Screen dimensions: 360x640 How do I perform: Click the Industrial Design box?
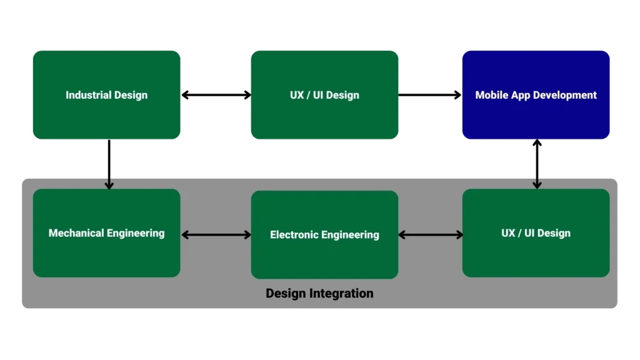tap(106, 95)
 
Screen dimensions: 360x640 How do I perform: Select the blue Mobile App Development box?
tap(536, 95)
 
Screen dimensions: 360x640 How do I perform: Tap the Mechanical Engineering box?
tap(106, 233)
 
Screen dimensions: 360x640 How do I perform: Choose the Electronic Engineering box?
tap(324, 235)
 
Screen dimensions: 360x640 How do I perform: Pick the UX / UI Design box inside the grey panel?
tap(536, 233)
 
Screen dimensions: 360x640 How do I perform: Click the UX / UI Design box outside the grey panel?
tap(324, 95)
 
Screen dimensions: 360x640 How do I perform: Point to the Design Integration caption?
tap(319, 293)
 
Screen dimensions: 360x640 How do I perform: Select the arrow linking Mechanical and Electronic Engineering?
tap(216, 235)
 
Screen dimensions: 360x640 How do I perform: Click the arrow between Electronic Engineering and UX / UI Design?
tap(431, 235)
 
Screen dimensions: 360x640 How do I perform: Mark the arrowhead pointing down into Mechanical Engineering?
tap(109, 185)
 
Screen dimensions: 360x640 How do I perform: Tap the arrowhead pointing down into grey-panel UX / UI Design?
tap(537, 184)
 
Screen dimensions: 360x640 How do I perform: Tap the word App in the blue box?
tap(523, 96)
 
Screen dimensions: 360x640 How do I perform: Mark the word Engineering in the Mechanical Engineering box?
tap(136, 233)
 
